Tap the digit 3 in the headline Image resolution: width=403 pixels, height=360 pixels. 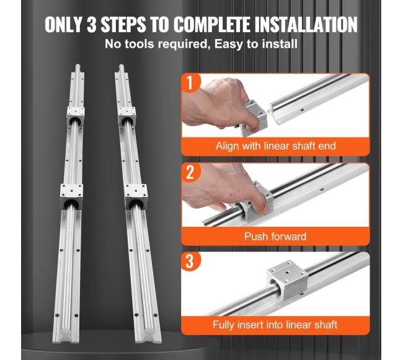[92, 25]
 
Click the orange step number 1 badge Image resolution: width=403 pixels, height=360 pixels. [190, 82]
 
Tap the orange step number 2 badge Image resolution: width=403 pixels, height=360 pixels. [190, 172]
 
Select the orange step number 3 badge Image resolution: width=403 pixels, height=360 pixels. [190, 261]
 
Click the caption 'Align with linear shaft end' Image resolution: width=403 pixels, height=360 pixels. [275, 146]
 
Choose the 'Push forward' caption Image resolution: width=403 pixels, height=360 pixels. [275, 236]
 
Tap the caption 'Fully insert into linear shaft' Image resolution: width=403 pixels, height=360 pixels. [275, 325]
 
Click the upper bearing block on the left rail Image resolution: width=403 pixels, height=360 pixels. [76, 115]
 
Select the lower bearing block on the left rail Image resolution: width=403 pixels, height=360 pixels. [72, 196]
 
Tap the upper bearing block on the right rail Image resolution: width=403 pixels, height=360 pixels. [127, 116]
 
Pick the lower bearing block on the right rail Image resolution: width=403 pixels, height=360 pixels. [136, 196]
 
